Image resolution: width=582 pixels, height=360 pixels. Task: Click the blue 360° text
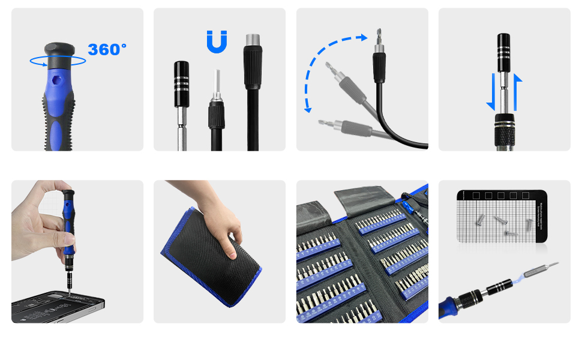coord(107,49)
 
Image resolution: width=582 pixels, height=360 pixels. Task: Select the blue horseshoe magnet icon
coord(217,41)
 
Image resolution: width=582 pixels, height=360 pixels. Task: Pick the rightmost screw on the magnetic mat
coord(528,224)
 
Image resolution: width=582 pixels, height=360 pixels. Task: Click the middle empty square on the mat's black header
coord(501,196)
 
